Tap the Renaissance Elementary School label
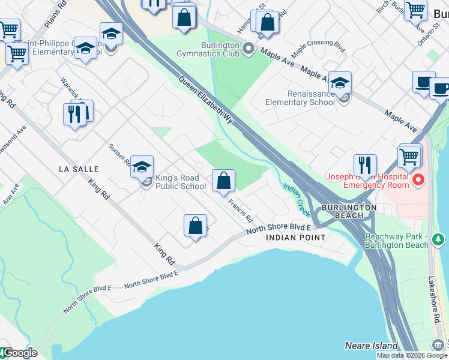coord(300,98)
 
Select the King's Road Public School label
coord(181,182)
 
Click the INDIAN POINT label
coord(295,238)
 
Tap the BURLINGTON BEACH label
coord(349,211)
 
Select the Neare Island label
coord(371,346)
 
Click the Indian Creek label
coord(297,199)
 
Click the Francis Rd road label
coord(240,209)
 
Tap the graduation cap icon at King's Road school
coord(142,167)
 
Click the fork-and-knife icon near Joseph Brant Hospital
coord(365,164)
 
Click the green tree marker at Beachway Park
coord(438,241)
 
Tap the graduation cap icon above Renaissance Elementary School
coord(340,83)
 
